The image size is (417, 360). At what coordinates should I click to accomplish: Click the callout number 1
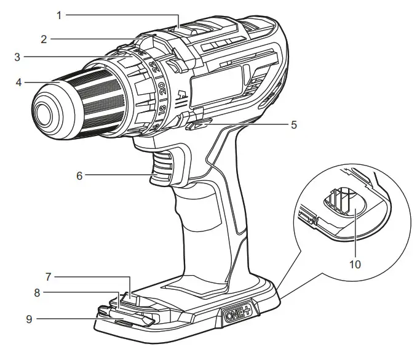coord(60,14)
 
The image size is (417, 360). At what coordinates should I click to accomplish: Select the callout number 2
coord(44,39)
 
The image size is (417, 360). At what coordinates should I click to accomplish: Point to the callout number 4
coord(20,81)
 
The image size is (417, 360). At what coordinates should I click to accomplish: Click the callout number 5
coord(294,125)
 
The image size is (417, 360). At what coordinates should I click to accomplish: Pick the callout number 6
coord(79,175)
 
